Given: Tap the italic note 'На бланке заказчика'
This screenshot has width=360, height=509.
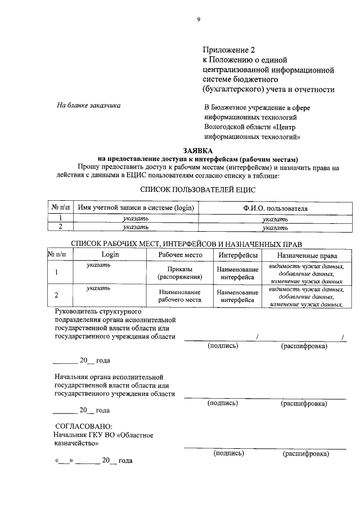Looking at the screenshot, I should click(88, 105).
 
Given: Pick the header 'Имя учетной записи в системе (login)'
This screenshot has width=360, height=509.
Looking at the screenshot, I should click(136, 208).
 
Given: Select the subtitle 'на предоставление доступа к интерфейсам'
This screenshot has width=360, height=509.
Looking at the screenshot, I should click(197, 159).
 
